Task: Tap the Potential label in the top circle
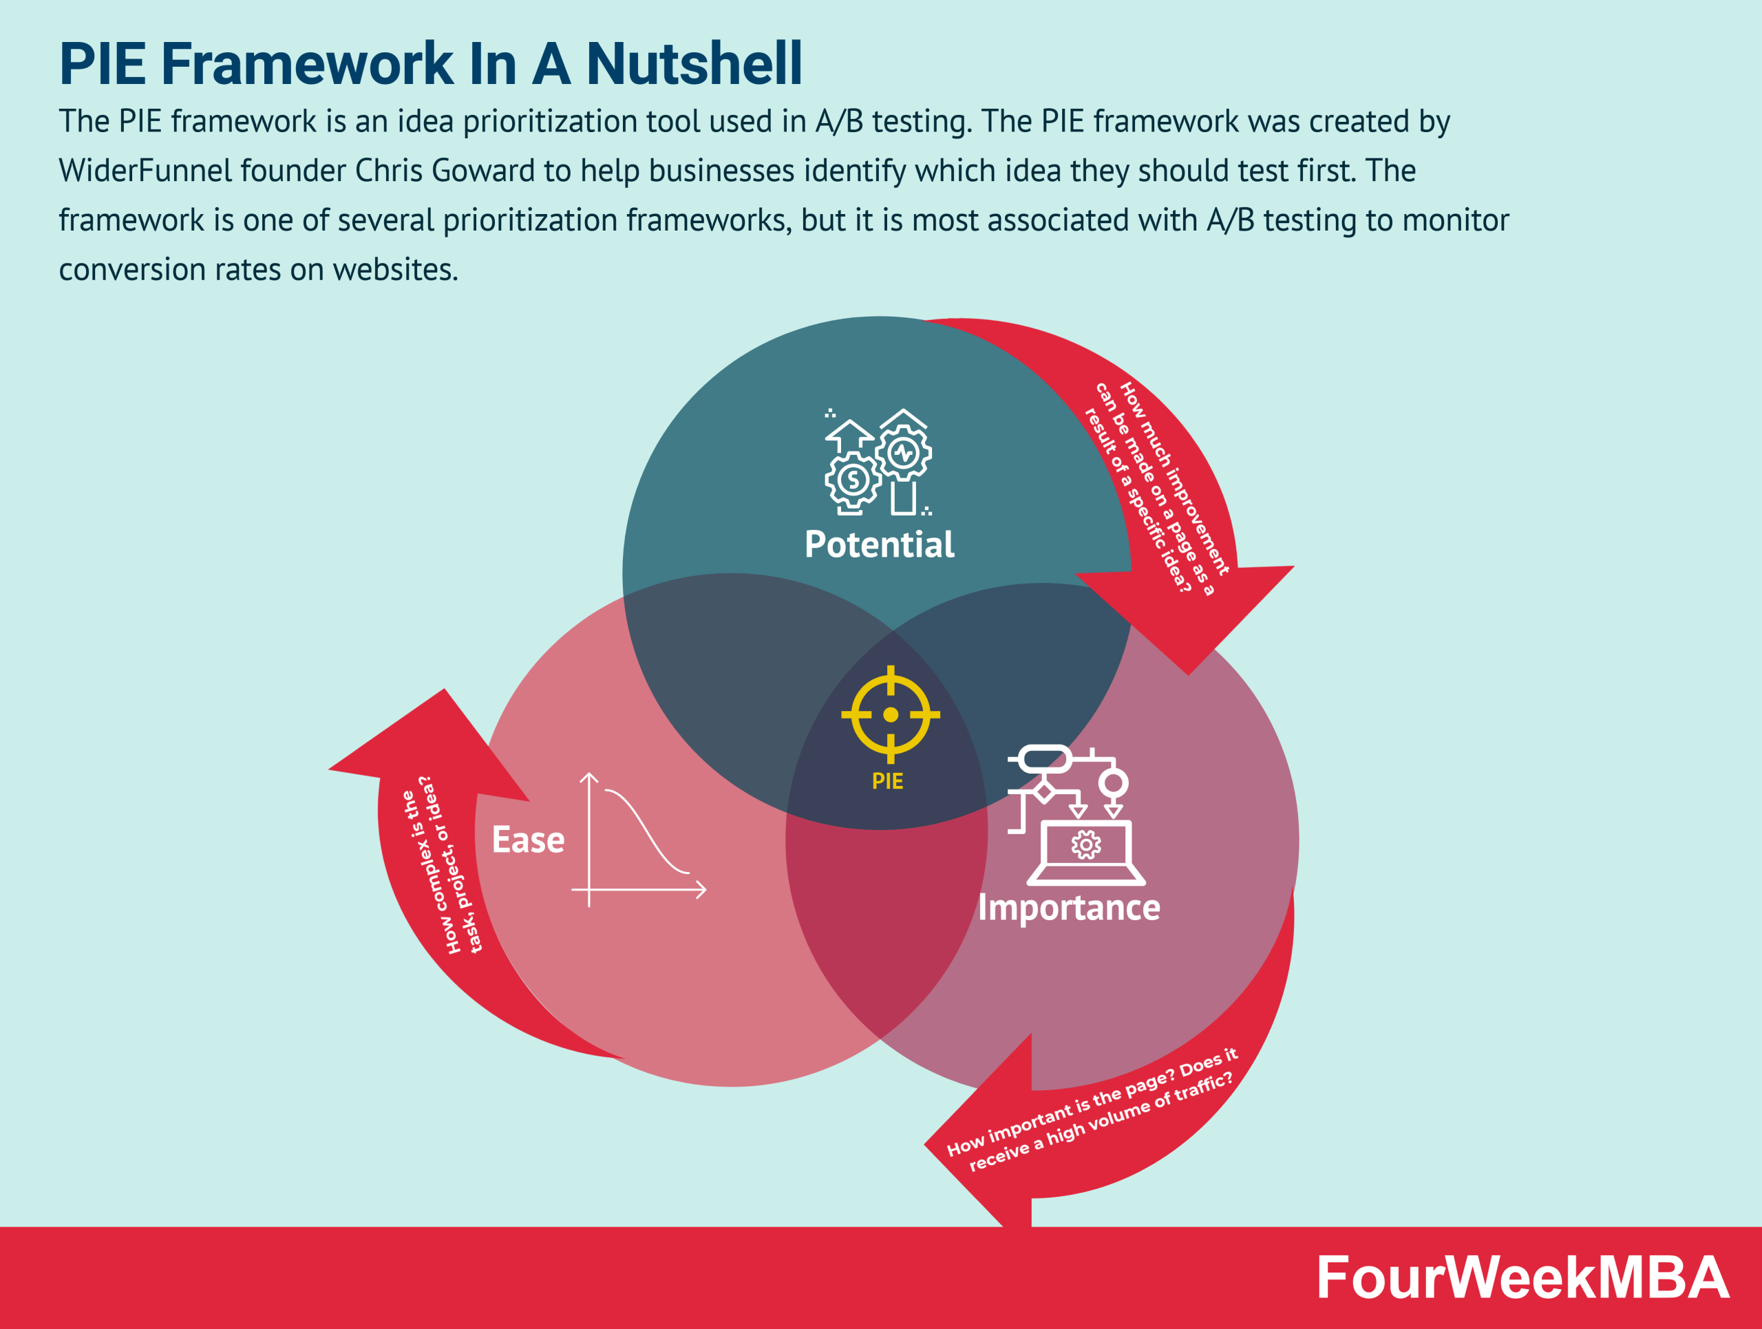879,544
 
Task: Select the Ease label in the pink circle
528,840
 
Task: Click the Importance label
1069,908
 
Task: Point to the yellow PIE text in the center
887,781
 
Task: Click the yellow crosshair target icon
891,714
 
